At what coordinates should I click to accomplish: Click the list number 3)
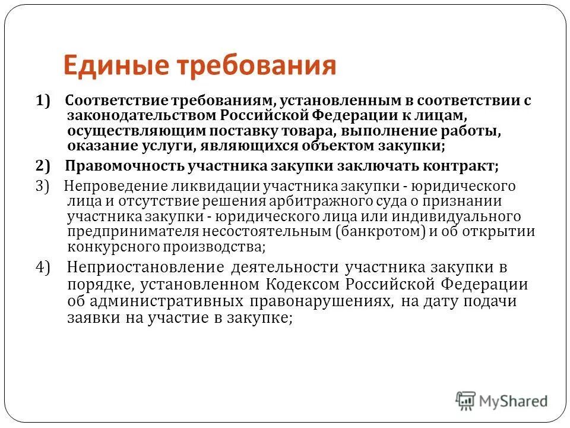point(44,186)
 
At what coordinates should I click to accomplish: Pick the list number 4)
point(45,267)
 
